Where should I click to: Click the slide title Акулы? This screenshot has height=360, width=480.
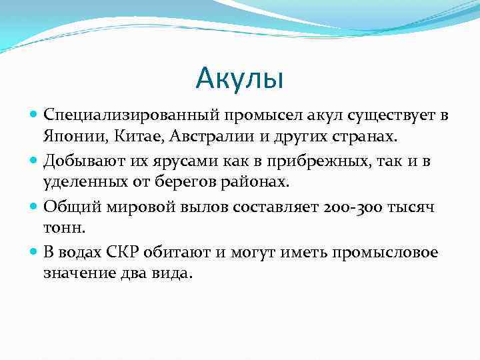point(240,79)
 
